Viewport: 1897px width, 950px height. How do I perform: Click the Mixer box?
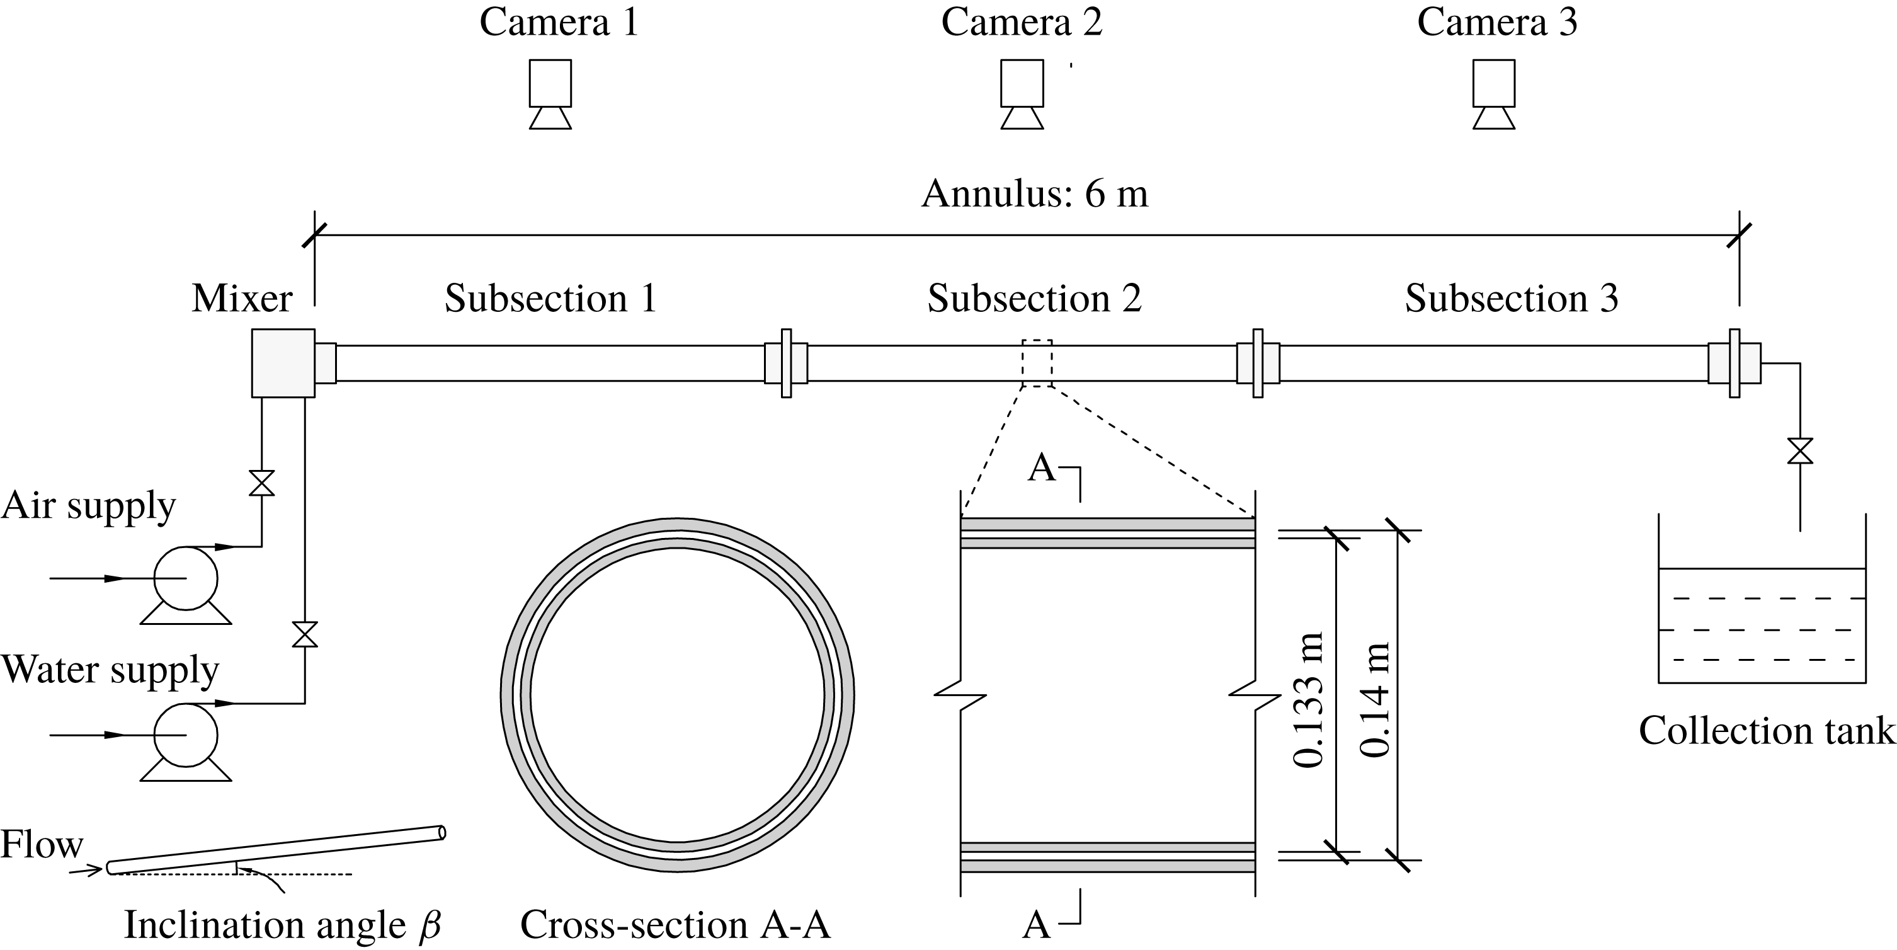tap(283, 363)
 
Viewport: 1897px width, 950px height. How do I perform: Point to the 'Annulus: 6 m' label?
tap(1035, 193)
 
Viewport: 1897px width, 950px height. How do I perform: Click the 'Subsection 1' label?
tap(550, 298)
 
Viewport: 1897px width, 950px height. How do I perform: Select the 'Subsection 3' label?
tap(1511, 298)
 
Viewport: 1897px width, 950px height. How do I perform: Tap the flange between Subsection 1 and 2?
tap(786, 363)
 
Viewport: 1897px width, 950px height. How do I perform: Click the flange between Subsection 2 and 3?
tap(1258, 363)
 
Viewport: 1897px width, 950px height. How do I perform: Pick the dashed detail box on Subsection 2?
tap(1037, 363)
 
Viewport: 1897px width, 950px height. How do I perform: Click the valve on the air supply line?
tap(261, 483)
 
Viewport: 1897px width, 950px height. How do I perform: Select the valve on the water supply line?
tap(305, 634)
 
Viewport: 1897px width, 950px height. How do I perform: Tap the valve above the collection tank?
tap(1800, 450)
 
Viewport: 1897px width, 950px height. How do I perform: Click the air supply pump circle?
tap(186, 578)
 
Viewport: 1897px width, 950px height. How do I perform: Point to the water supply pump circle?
tap(186, 735)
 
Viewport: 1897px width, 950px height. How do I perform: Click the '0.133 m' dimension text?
tap(1309, 700)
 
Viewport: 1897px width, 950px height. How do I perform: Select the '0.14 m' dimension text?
tap(1374, 700)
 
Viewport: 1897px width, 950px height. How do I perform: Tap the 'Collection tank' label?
tap(1766, 731)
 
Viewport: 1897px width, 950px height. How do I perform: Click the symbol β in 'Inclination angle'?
tap(430, 925)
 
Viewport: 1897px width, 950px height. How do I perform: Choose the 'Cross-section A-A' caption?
tap(675, 925)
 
